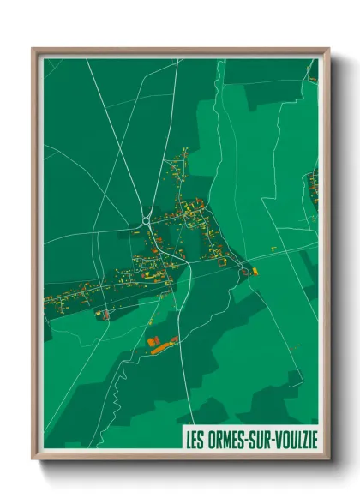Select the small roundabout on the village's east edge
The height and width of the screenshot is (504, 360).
click(x=244, y=271)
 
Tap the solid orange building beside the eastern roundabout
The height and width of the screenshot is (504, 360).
click(x=255, y=272)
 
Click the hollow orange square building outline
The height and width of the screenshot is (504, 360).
click(x=105, y=315)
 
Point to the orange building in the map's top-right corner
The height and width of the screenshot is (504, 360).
click(x=313, y=79)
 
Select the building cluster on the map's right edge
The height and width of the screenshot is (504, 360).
click(x=314, y=187)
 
